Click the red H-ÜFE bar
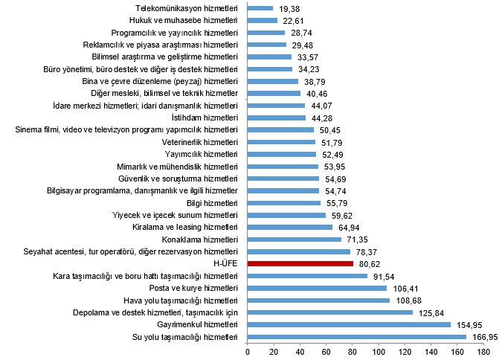(x=300, y=263)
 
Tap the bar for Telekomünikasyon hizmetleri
(x=260, y=9)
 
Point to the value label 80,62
(x=370, y=263)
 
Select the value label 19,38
(x=289, y=9)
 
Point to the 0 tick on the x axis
(x=248, y=351)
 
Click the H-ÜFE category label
(x=225, y=263)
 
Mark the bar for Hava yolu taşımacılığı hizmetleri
(x=319, y=300)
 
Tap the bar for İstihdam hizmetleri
(x=277, y=118)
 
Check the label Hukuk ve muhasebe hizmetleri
(x=184, y=21)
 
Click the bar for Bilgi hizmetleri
(x=284, y=202)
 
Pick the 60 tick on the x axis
(x=326, y=351)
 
